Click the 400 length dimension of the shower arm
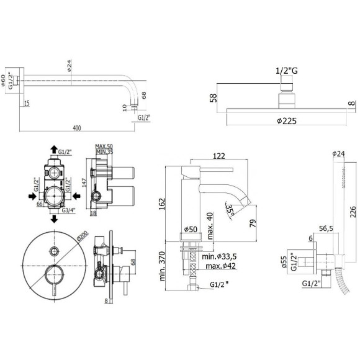click(76, 128)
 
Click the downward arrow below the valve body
click(52, 220)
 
